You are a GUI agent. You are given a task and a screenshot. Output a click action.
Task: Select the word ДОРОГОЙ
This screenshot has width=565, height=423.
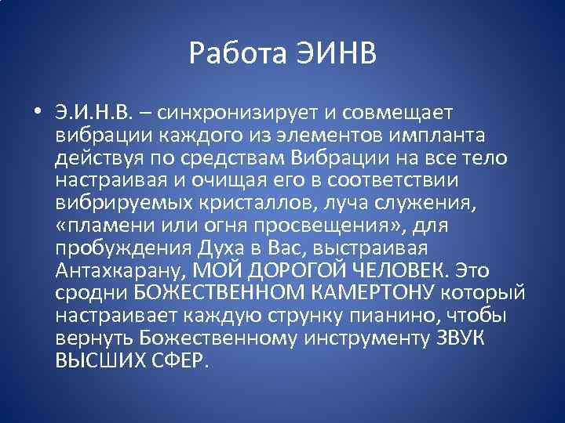[282, 270]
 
